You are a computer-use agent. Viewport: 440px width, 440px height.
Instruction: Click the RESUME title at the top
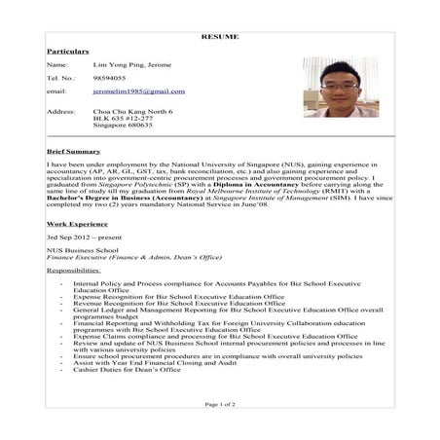[219, 37]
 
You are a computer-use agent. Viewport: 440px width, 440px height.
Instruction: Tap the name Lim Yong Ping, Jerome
[132, 64]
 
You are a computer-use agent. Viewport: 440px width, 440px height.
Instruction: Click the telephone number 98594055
[109, 77]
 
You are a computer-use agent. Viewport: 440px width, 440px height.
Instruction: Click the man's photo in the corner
[340, 87]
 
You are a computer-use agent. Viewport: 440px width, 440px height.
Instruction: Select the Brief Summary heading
[73, 152]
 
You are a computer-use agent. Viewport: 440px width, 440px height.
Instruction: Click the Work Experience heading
[77, 224]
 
